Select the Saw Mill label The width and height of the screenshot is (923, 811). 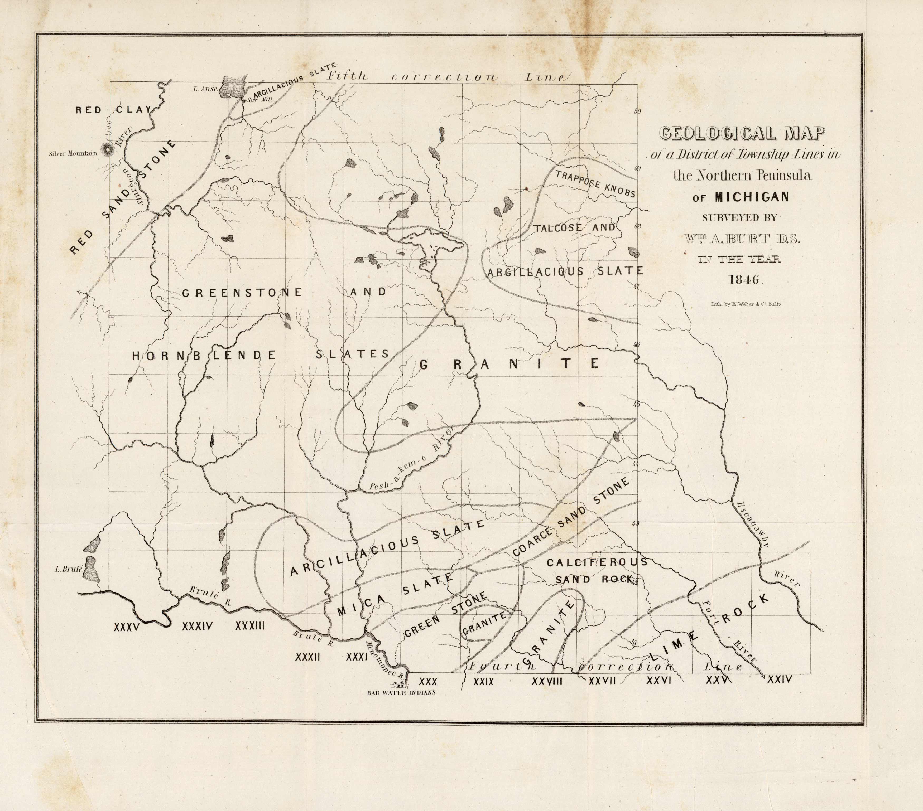tap(260, 100)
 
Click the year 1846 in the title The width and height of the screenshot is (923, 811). tap(745, 279)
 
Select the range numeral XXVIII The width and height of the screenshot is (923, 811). tap(547, 681)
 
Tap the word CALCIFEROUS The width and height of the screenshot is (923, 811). tap(597, 562)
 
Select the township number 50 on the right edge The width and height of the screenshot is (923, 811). tap(637, 111)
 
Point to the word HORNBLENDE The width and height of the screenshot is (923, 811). tap(204, 355)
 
